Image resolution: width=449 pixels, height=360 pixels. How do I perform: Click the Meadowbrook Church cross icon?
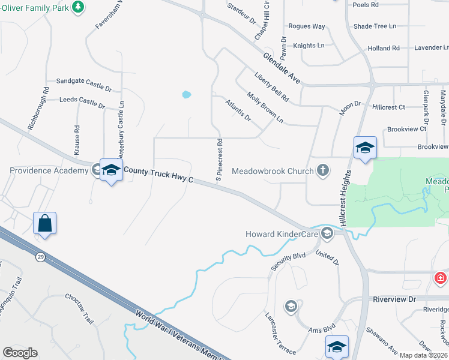pos(323,170)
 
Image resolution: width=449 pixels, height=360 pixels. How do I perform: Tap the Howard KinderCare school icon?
pos(327,233)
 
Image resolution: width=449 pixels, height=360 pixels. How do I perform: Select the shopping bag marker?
pos(44,224)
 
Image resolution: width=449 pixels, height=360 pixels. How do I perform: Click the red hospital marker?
pos(441,278)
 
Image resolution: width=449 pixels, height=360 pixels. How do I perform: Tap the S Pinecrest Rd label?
pos(220,160)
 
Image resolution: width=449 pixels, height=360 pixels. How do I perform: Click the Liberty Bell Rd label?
pos(272,88)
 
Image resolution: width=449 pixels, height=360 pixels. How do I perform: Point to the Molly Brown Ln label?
pos(265,107)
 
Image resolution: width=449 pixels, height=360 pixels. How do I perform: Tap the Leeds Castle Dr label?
pos(82,102)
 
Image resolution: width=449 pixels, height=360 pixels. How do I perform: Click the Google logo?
pos(20,353)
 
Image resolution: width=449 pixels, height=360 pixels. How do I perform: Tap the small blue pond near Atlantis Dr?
pos(186,94)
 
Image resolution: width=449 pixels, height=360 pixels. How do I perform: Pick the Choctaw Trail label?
pos(80,310)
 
